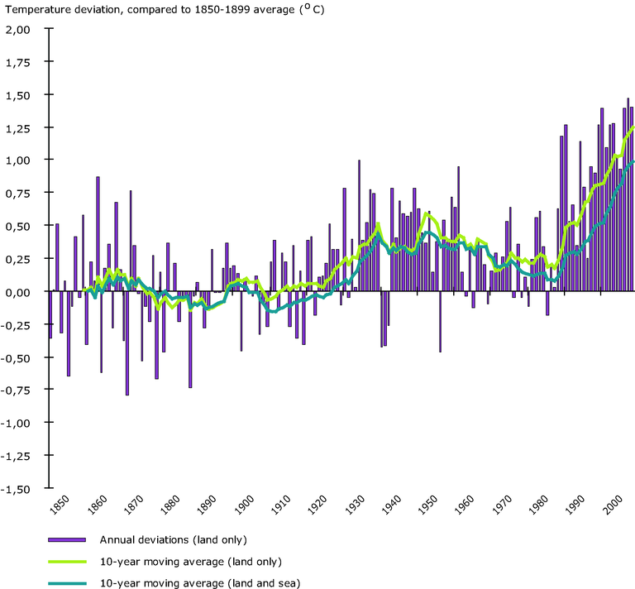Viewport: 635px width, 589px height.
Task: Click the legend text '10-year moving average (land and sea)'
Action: (x=199, y=582)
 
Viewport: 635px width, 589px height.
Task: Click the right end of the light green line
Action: (x=633, y=127)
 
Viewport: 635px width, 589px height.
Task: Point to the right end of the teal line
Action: (x=633, y=161)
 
